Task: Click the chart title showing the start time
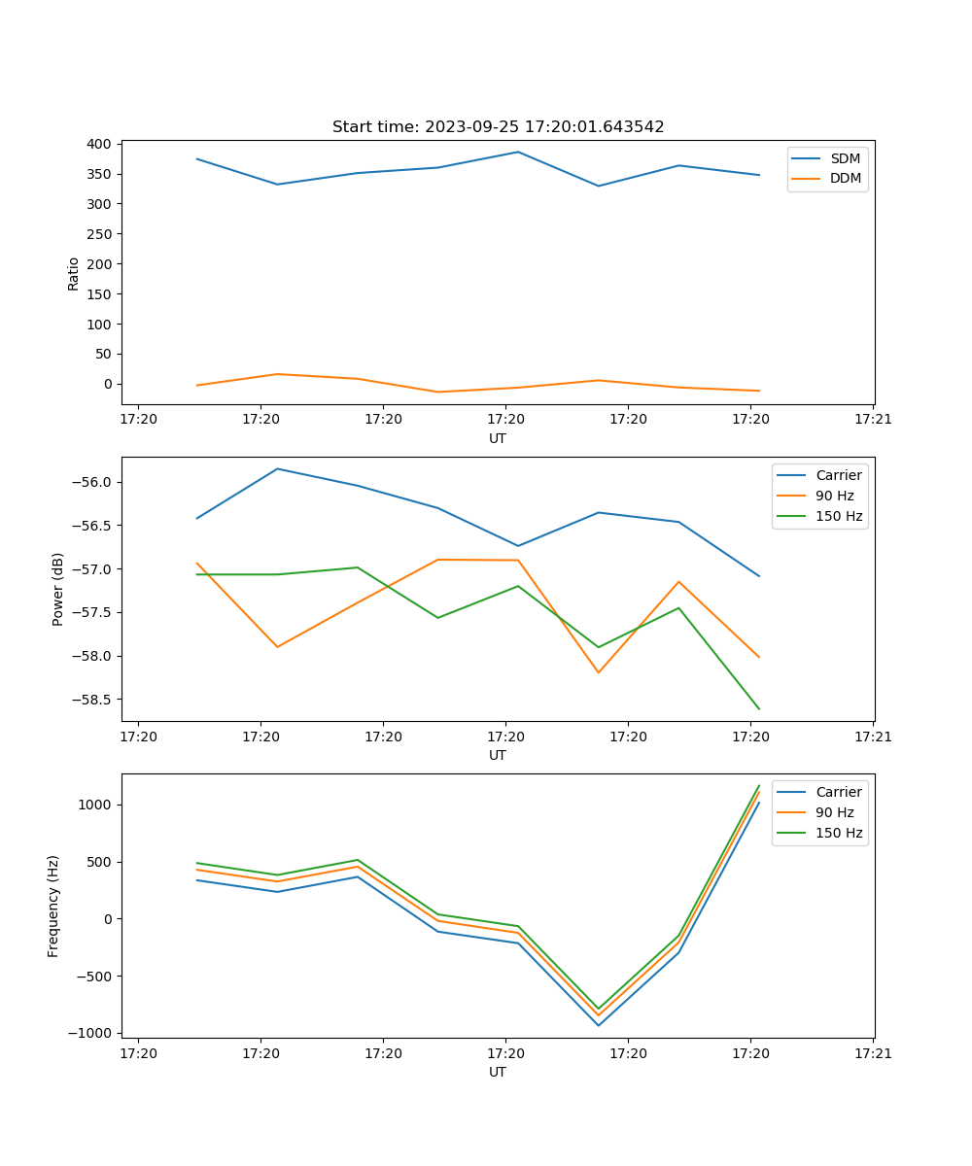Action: (498, 127)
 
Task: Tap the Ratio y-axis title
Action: (74, 273)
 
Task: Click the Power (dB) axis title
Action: (58, 589)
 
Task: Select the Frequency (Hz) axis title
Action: (53, 906)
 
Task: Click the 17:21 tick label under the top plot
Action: (873, 419)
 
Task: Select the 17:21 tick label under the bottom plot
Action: (873, 1052)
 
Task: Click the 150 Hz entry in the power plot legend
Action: (839, 516)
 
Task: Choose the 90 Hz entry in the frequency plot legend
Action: (835, 812)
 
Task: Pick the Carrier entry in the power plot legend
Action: (839, 475)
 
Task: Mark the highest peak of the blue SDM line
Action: (518, 152)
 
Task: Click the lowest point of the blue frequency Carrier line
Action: (599, 1025)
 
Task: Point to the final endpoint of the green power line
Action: (759, 708)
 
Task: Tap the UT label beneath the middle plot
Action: (498, 755)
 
